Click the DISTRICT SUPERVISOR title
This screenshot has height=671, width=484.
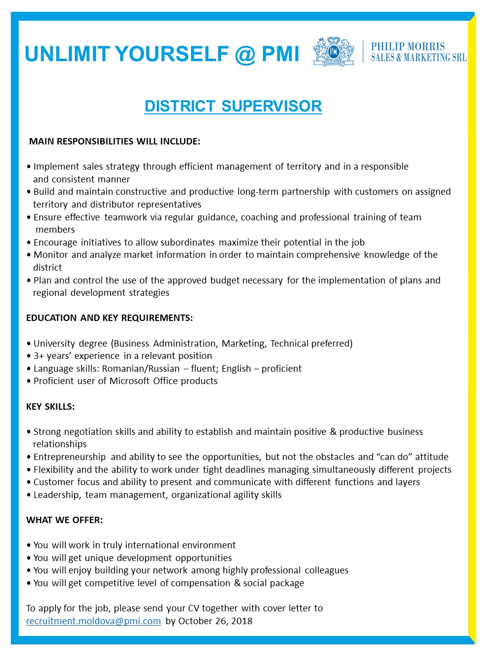(x=233, y=106)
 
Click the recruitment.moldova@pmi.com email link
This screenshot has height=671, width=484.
(x=94, y=621)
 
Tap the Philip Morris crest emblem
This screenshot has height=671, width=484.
(x=334, y=51)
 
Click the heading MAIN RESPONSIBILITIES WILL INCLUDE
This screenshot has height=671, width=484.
(x=115, y=141)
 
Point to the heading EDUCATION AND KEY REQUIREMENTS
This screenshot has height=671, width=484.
(x=109, y=318)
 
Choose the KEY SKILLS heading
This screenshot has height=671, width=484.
(x=50, y=406)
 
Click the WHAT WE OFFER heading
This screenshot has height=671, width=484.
(x=65, y=520)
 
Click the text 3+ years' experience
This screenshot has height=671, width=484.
(x=76, y=356)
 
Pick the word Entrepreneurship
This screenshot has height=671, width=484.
(x=69, y=457)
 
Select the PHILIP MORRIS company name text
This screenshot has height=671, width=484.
(x=408, y=46)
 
